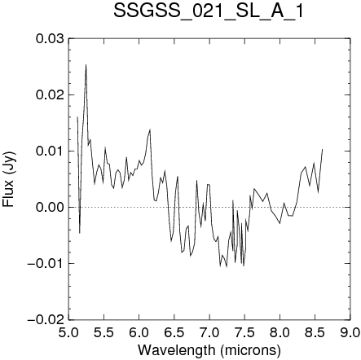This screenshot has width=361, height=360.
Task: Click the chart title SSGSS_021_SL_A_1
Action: (x=208, y=11)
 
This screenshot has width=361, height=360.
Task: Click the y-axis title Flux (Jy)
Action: (x=9, y=179)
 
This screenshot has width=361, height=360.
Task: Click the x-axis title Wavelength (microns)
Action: (x=209, y=350)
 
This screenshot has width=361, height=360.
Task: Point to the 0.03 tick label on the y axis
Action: (x=50, y=38)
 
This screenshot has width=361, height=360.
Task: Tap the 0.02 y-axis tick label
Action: (x=50, y=94)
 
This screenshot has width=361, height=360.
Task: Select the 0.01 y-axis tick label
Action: (x=50, y=151)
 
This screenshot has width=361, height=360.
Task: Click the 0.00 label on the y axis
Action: (x=50, y=207)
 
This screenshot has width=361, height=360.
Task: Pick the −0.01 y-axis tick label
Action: (x=46, y=263)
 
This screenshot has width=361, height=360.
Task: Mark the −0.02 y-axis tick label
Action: (x=46, y=319)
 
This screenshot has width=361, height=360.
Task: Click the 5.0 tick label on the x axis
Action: (x=68, y=333)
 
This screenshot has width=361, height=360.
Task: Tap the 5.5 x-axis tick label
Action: (x=103, y=333)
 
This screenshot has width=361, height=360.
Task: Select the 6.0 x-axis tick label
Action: (x=139, y=333)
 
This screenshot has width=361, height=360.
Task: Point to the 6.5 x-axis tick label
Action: (x=174, y=333)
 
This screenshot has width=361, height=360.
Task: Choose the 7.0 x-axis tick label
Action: (x=209, y=333)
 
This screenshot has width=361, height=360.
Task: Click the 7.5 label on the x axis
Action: (x=244, y=333)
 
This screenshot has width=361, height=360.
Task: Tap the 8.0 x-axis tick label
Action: (x=280, y=333)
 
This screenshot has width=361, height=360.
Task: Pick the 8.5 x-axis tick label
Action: (x=315, y=333)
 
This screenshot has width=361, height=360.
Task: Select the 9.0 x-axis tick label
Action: (x=350, y=333)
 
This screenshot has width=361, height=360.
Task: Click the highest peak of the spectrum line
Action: (x=86, y=64)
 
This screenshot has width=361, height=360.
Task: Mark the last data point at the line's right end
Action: (x=322, y=149)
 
